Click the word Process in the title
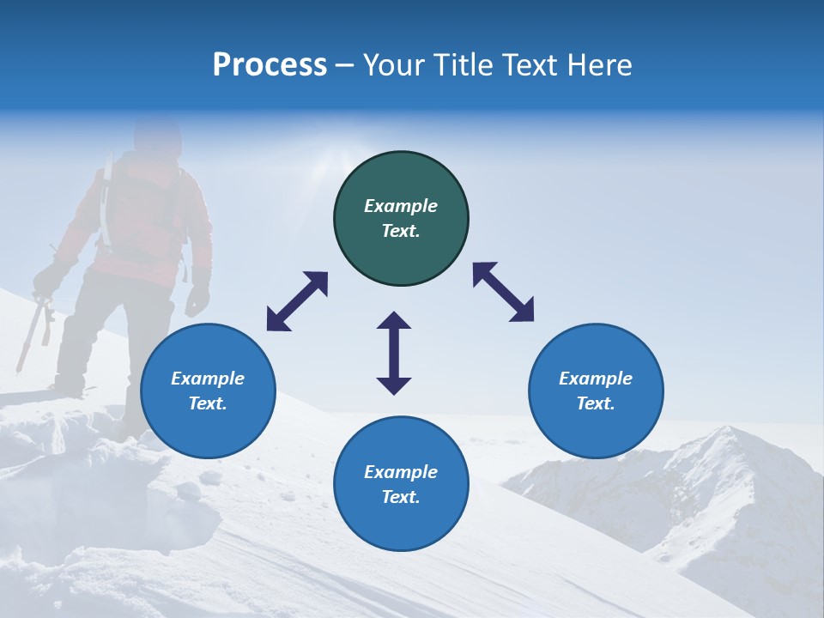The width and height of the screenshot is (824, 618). (270, 65)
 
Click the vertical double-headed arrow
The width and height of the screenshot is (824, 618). (394, 353)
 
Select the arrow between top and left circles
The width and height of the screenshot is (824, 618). (297, 301)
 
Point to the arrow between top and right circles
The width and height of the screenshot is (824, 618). (503, 292)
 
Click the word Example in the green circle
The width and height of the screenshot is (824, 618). (401, 206)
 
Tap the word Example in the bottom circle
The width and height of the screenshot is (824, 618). (401, 472)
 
